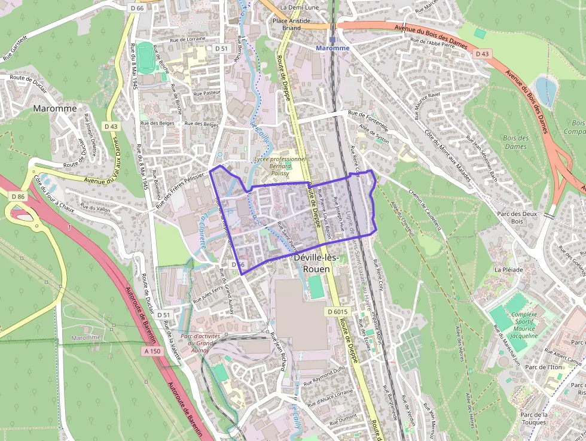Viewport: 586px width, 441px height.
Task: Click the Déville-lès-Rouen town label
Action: click(317, 263)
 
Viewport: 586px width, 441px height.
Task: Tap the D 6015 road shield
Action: click(337, 312)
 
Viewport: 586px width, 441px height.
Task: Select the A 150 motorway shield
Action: click(152, 351)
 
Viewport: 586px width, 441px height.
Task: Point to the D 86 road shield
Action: click(18, 196)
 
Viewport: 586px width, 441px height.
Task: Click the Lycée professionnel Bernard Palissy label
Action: click(279, 166)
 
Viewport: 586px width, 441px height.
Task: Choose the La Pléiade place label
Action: click(508, 270)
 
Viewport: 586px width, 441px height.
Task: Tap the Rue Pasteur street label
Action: click(207, 93)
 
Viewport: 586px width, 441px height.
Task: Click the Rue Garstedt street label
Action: click(16, 51)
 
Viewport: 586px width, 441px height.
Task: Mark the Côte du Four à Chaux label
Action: click(54, 193)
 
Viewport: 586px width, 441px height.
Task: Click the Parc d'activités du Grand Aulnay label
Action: click(197, 343)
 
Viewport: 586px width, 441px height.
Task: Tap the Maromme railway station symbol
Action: click(332, 41)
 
